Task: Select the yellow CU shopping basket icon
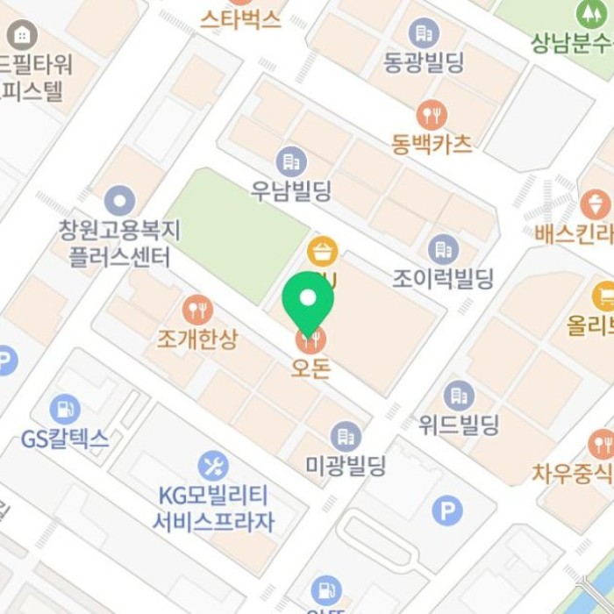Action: [323, 253]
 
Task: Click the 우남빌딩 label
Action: [291, 191]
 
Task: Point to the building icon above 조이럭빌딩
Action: [443, 249]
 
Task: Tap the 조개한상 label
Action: [197, 339]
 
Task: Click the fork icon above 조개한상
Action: [197, 310]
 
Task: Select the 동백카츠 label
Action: [432, 143]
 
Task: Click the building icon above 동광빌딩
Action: [424, 33]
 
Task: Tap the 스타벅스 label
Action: [240, 18]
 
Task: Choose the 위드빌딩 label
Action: [458, 425]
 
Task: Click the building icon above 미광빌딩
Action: [346, 436]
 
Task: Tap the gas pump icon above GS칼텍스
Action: [64, 409]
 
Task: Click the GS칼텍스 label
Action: [65, 439]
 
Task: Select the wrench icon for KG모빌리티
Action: [213, 465]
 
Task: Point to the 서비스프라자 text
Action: [213, 522]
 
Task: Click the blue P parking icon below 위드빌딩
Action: [446, 510]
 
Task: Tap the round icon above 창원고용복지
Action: [119, 200]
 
